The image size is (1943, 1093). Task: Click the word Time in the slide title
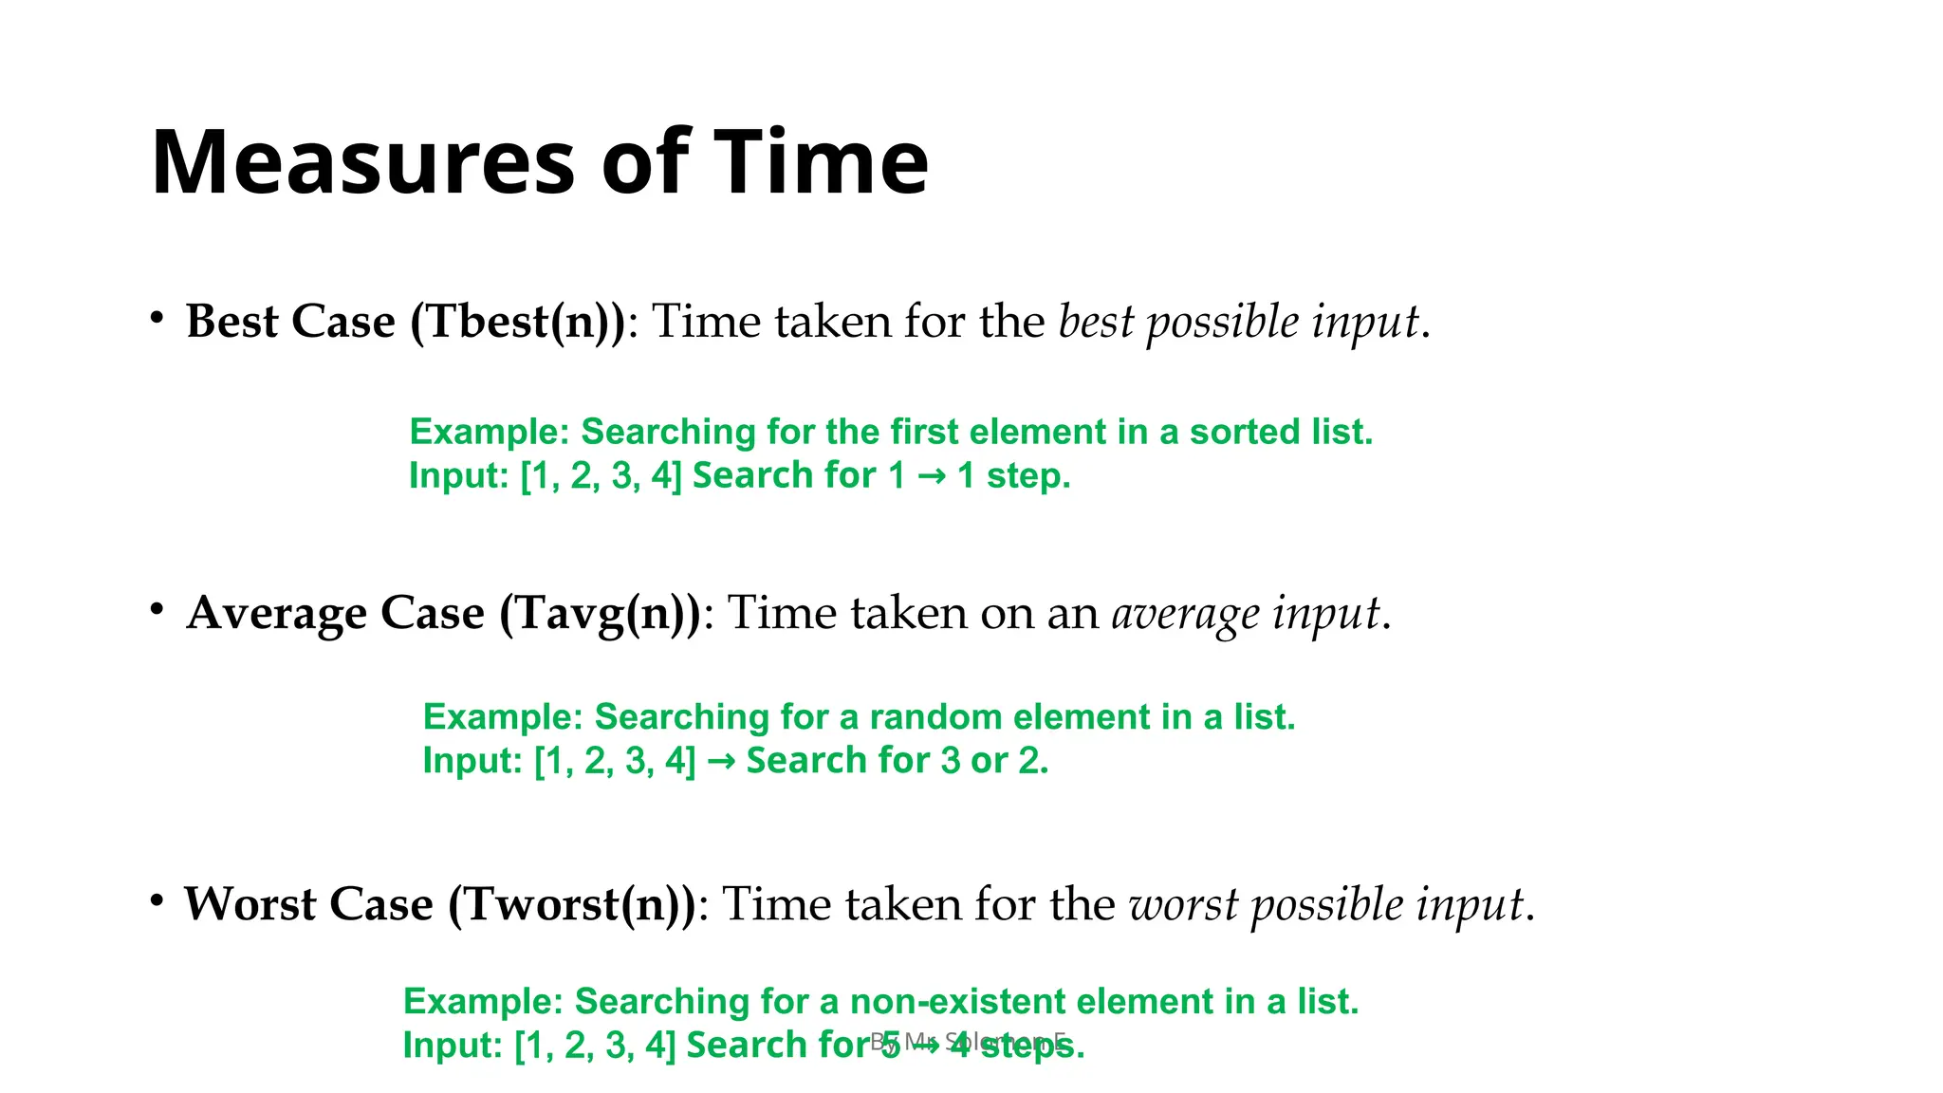[821, 162]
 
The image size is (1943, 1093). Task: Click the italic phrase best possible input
[1238, 323]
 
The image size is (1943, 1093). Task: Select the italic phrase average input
[1245, 614]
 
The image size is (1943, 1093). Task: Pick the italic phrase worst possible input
[1325, 905]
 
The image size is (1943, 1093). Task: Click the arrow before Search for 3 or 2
[721, 761]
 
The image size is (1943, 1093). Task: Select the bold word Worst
[250, 904]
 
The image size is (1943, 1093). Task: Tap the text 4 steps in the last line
[1018, 1046]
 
